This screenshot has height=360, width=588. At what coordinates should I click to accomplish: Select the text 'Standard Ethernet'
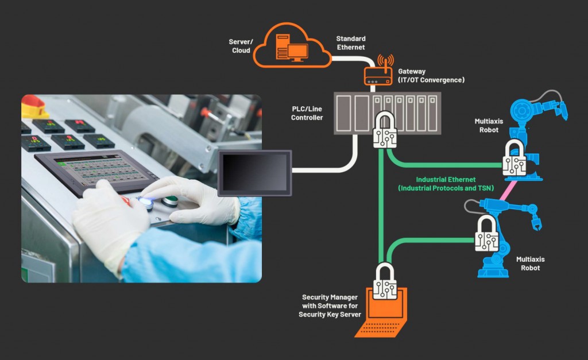tap(351, 43)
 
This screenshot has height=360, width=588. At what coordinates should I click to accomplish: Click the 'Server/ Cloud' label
tap(241, 47)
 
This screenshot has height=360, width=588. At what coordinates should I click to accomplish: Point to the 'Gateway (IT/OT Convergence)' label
tap(431, 76)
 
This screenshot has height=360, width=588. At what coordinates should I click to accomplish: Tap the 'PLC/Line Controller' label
tap(307, 113)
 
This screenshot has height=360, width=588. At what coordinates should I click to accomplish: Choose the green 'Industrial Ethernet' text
tap(446, 184)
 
